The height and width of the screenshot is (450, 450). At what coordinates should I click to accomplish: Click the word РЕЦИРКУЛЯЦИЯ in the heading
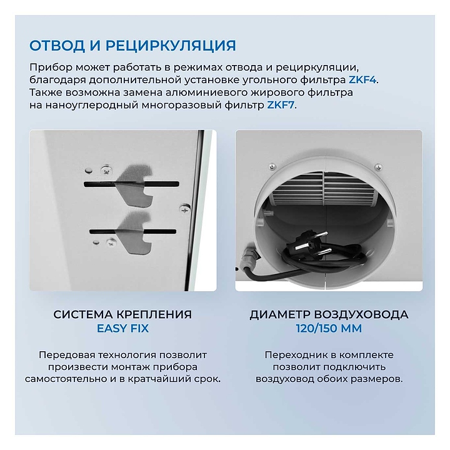(x=171, y=46)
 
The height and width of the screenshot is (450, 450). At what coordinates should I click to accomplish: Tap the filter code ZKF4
(x=362, y=80)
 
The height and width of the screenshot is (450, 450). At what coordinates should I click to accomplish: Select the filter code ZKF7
(x=281, y=105)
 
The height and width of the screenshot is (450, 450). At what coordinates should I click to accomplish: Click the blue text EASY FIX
(x=123, y=328)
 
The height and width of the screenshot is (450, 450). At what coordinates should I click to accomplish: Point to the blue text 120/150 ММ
(x=329, y=328)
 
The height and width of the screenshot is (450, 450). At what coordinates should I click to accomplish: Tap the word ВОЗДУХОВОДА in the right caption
(x=361, y=314)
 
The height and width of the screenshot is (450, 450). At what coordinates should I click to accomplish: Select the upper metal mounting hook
(x=135, y=184)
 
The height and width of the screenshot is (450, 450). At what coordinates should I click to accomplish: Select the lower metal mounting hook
(x=136, y=232)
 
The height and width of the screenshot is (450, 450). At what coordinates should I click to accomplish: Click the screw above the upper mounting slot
(x=106, y=171)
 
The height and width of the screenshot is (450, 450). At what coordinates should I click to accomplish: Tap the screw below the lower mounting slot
(x=111, y=243)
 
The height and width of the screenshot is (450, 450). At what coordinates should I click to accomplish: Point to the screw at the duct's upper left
(x=272, y=166)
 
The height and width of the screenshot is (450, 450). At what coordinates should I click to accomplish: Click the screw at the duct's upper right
(x=378, y=167)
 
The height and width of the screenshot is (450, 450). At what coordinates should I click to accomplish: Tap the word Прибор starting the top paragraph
(x=51, y=67)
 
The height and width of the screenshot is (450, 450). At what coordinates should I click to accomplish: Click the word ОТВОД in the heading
(x=57, y=46)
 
